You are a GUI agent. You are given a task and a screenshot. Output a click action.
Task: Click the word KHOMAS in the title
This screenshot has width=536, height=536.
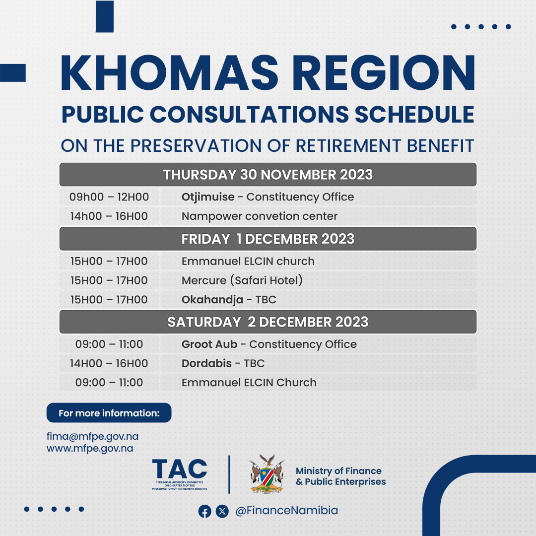170,72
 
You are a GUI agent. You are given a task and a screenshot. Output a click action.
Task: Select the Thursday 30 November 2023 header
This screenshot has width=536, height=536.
268,175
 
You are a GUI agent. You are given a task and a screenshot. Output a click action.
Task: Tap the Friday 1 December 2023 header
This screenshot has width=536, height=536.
268,239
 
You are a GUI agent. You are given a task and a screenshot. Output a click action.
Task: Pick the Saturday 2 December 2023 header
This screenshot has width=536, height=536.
268,322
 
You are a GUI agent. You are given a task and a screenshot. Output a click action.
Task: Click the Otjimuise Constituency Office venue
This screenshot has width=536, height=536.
268,197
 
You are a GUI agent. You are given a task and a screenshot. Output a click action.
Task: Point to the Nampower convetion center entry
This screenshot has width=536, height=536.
260,216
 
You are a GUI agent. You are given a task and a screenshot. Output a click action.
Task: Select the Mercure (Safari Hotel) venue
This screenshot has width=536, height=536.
242,280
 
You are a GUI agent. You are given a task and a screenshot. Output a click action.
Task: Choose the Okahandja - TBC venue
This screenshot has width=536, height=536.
229,300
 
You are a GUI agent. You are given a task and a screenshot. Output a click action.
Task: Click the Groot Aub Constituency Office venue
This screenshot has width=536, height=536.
269,344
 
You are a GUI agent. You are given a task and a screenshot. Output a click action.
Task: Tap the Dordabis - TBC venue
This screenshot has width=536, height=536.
223,363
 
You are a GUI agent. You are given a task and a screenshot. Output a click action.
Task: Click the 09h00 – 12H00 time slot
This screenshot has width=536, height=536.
109,197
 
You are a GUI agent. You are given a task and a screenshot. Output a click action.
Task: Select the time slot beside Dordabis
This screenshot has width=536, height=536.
109,363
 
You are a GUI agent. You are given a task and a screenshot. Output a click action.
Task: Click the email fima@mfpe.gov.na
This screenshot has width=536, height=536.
92,437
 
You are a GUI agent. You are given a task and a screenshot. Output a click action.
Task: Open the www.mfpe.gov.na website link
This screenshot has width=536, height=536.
89,449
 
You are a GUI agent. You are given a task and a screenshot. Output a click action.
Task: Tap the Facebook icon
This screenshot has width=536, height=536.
205,511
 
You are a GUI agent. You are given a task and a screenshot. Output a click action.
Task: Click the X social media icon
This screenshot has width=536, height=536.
222,511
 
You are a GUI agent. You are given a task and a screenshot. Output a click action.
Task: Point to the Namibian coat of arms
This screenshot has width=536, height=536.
267,474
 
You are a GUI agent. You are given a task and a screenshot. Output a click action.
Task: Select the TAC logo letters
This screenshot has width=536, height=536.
180,469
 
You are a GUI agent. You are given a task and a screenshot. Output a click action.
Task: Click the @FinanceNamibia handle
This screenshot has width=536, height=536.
286,511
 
